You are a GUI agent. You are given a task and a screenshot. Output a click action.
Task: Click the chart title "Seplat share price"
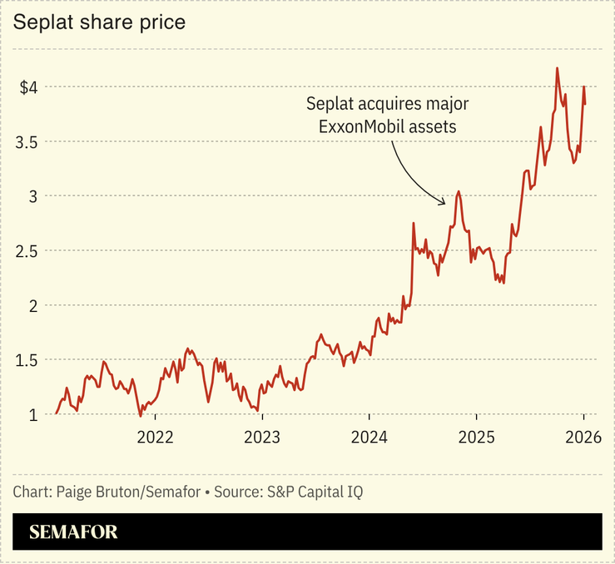point(98,22)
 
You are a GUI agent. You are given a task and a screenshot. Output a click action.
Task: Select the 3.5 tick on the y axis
point(27,141)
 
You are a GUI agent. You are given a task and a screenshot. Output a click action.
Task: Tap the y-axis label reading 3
point(33,196)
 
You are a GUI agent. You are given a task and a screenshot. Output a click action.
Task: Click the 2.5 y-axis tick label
point(27,250)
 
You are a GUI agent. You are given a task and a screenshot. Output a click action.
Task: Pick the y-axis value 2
point(33,305)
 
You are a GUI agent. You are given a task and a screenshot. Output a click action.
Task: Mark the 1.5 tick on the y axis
point(27,360)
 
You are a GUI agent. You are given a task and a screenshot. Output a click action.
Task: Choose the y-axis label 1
point(33,414)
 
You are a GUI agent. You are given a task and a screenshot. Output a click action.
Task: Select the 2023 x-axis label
point(261,437)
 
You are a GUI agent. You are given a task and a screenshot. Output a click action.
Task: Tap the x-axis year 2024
point(369,437)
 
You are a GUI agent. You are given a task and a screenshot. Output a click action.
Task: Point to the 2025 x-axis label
point(476,437)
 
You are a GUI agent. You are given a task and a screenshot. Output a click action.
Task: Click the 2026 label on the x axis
point(583,437)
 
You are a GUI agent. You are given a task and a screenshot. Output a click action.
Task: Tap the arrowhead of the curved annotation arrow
point(444,200)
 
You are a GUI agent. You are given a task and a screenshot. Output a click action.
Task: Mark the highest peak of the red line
point(557,68)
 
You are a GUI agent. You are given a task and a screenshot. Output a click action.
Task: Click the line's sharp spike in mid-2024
point(414,223)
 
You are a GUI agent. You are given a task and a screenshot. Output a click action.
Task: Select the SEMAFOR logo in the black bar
point(73,532)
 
